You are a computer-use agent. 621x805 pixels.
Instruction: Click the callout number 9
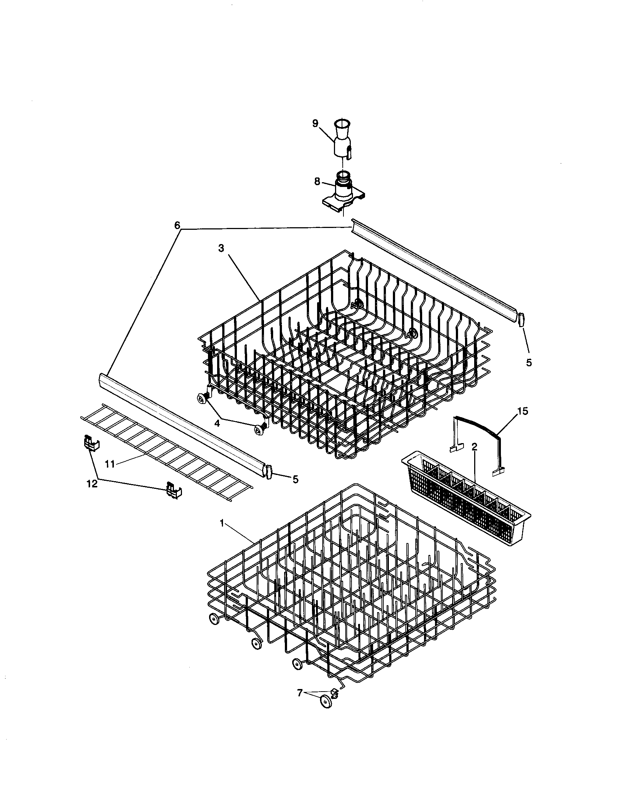[315, 123]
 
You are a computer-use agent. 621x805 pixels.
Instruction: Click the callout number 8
[317, 181]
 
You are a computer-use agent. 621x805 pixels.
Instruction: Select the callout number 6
[177, 225]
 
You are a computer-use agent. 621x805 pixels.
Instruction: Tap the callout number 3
[221, 248]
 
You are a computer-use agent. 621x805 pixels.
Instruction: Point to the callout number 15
[523, 411]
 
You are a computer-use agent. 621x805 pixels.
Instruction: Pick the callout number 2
[474, 447]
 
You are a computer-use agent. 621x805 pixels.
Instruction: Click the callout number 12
[92, 484]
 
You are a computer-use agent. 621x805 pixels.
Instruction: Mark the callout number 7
[300, 693]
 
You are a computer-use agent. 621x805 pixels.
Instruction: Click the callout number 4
[217, 423]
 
